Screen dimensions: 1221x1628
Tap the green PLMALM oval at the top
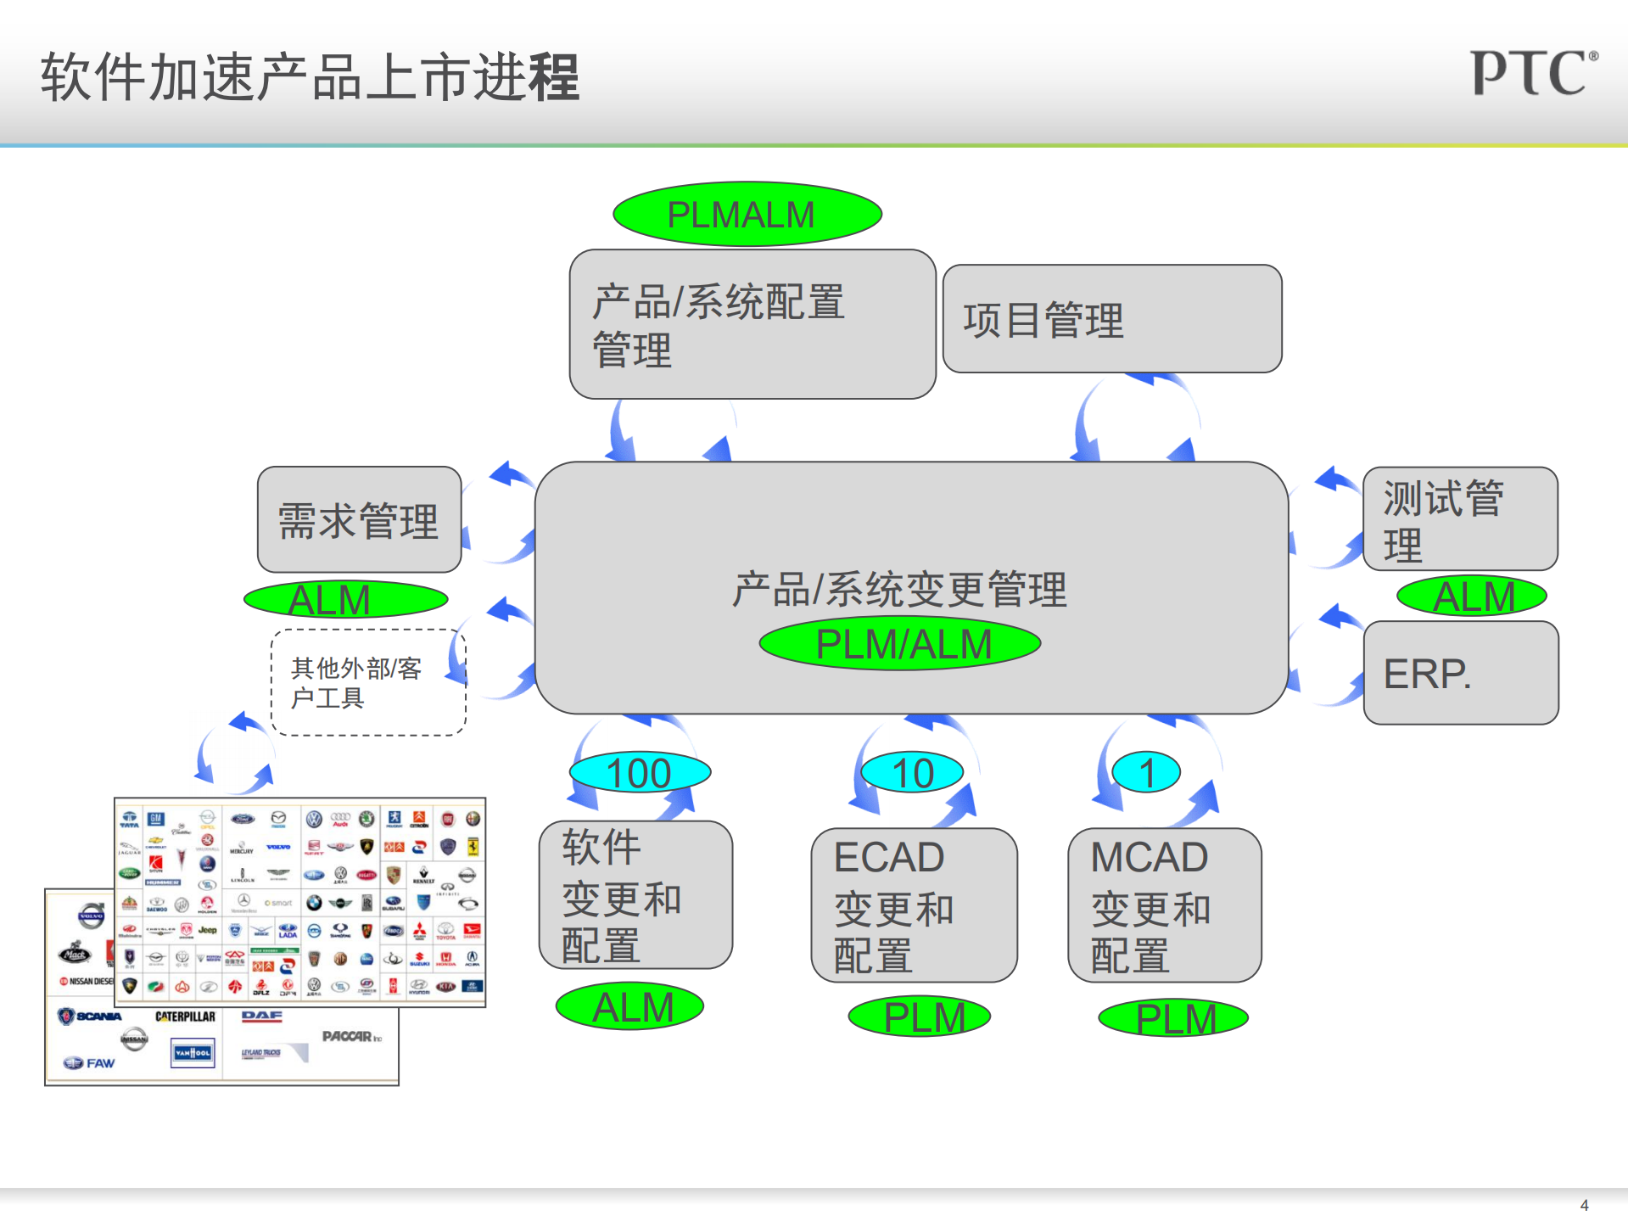pos(747,214)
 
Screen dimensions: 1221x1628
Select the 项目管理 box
pos(1111,319)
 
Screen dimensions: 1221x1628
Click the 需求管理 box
pos(359,519)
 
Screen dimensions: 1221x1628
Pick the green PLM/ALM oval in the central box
pos(899,644)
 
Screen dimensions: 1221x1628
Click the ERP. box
pos(1460,673)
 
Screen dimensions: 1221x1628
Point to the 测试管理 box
pos(1459,519)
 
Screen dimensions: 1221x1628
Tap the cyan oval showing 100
pos(640,773)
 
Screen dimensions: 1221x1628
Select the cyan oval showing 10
pos(912,773)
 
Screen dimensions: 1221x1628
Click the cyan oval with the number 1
pos(1146,773)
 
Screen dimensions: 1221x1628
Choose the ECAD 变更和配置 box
pos(914,905)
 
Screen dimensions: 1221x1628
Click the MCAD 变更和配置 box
pos(1164,905)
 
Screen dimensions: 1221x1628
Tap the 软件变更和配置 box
pos(635,895)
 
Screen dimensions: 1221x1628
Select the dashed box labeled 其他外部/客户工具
pos(368,682)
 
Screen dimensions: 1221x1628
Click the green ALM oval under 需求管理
pos(345,600)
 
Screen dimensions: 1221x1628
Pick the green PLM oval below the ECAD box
pos(920,1017)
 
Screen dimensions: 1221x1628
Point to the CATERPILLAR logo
pos(185,1017)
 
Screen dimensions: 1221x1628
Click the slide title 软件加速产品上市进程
pos(310,77)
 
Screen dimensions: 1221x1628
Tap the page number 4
pos(1584,1205)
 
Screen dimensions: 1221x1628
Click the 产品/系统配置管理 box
pos(752,324)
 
